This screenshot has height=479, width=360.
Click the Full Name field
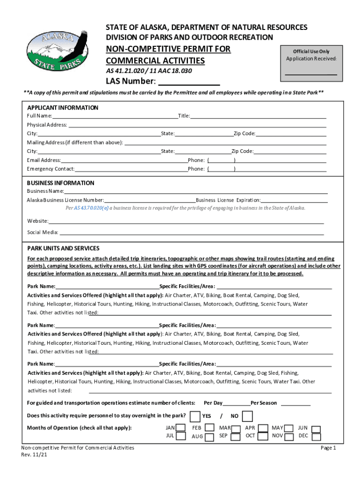pos(115,116)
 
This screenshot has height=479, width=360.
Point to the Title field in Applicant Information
pos(258,116)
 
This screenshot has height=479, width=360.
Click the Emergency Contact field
pos(131,169)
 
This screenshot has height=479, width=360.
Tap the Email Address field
pos(124,160)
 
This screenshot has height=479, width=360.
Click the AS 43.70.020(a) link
pos(91,208)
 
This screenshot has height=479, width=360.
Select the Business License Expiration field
pos(294,200)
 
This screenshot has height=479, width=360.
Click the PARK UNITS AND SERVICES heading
pos(63,248)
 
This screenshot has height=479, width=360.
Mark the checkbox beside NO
pos(248,416)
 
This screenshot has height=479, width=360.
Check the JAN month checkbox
pos(182,428)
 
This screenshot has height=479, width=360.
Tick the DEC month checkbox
pos(317,436)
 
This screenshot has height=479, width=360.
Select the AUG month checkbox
pos(209,436)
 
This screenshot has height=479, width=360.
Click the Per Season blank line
pos(295,403)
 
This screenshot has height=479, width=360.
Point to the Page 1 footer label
pos(328,448)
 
